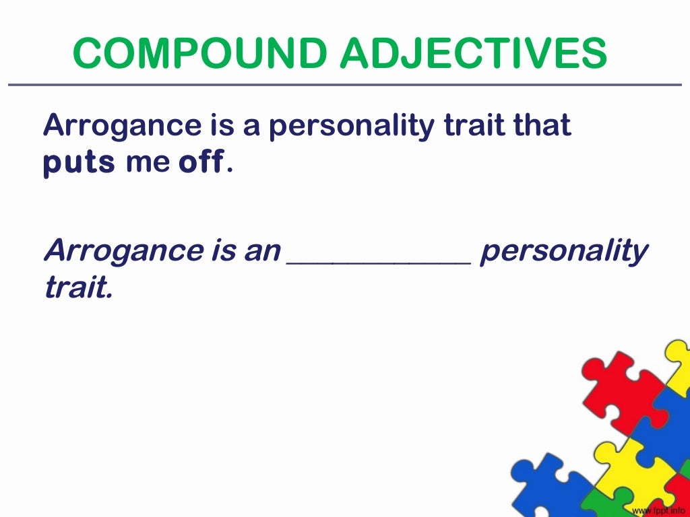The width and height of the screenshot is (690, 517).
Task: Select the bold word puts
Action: point(79,163)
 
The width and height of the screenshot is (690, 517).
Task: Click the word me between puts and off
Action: point(147,164)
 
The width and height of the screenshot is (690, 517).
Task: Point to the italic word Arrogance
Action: point(119,252)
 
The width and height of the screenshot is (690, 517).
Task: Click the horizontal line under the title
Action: point(345,85)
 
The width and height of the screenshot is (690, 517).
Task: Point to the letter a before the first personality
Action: point(251,127)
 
